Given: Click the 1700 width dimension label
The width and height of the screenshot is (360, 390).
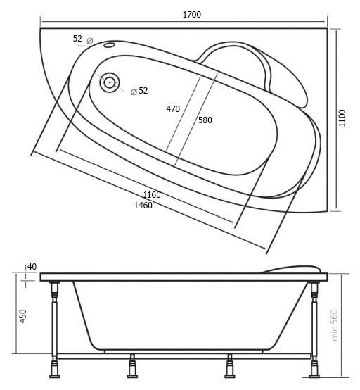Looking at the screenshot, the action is click(x=192, y=15).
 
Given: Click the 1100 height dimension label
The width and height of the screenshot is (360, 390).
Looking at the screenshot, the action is click(x=342, y=118).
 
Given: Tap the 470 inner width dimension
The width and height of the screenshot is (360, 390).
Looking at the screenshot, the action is click(x=173, y=109).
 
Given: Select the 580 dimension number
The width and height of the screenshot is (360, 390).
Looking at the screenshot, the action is click(x=205, y=120).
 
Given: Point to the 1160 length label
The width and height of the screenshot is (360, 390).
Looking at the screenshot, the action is click(x=152, y=194).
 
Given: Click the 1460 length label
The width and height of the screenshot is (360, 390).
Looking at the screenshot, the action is click(x=143, y=206).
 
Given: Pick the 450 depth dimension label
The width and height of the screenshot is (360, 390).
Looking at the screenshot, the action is click(x=23, y=316).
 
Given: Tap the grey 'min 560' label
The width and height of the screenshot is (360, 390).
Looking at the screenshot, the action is click(x=335, y=325).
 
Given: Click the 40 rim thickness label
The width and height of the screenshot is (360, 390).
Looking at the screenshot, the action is click(x=32, y=267).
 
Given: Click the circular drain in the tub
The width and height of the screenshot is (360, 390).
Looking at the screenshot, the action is click(x=110, y=82).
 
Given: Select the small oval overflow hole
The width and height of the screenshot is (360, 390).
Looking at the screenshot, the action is click(x=109, y=45).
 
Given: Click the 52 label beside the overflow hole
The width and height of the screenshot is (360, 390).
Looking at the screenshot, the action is click(x=77, y=39).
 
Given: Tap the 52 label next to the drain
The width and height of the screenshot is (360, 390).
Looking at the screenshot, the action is click(x=143, y=91).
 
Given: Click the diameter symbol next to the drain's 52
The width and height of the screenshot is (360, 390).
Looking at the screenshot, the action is click(x=134, y=92).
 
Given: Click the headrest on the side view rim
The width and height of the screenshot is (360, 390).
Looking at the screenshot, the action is click(x=291, y=270).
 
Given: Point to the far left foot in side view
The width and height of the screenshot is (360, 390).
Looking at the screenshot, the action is click(x=54, y=370).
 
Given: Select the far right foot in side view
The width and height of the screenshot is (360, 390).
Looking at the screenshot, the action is click(x=314, y=370).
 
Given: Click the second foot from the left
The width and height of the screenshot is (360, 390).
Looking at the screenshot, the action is click(x=132, y=366).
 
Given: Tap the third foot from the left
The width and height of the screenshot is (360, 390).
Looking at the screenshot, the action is click(x=230, y=366).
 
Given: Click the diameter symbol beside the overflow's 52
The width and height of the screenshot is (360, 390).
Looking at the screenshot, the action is click(x=90, y=41).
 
